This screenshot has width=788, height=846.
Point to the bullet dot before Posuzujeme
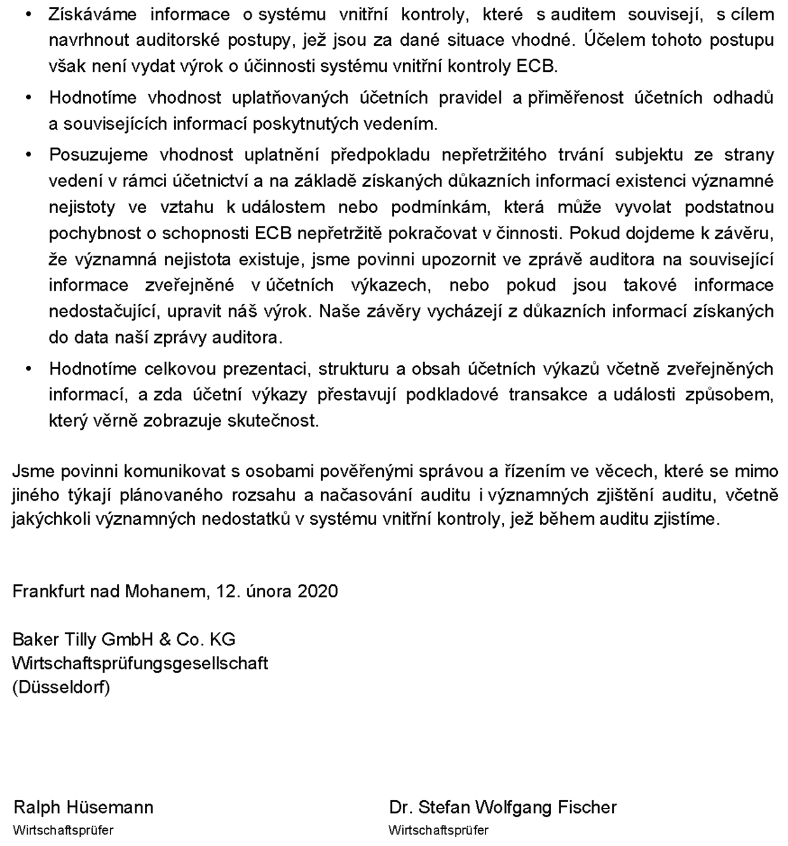[28, 155]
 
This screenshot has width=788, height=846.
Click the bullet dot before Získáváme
[28, 15]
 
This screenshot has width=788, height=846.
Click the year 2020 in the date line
[317, 592]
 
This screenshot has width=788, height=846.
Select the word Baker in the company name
[36, 639]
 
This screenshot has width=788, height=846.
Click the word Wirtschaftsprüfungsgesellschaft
[140, 663]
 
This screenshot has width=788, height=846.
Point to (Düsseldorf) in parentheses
[61, 688]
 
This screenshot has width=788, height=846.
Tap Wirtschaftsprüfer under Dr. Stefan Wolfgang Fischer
[438, 830]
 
